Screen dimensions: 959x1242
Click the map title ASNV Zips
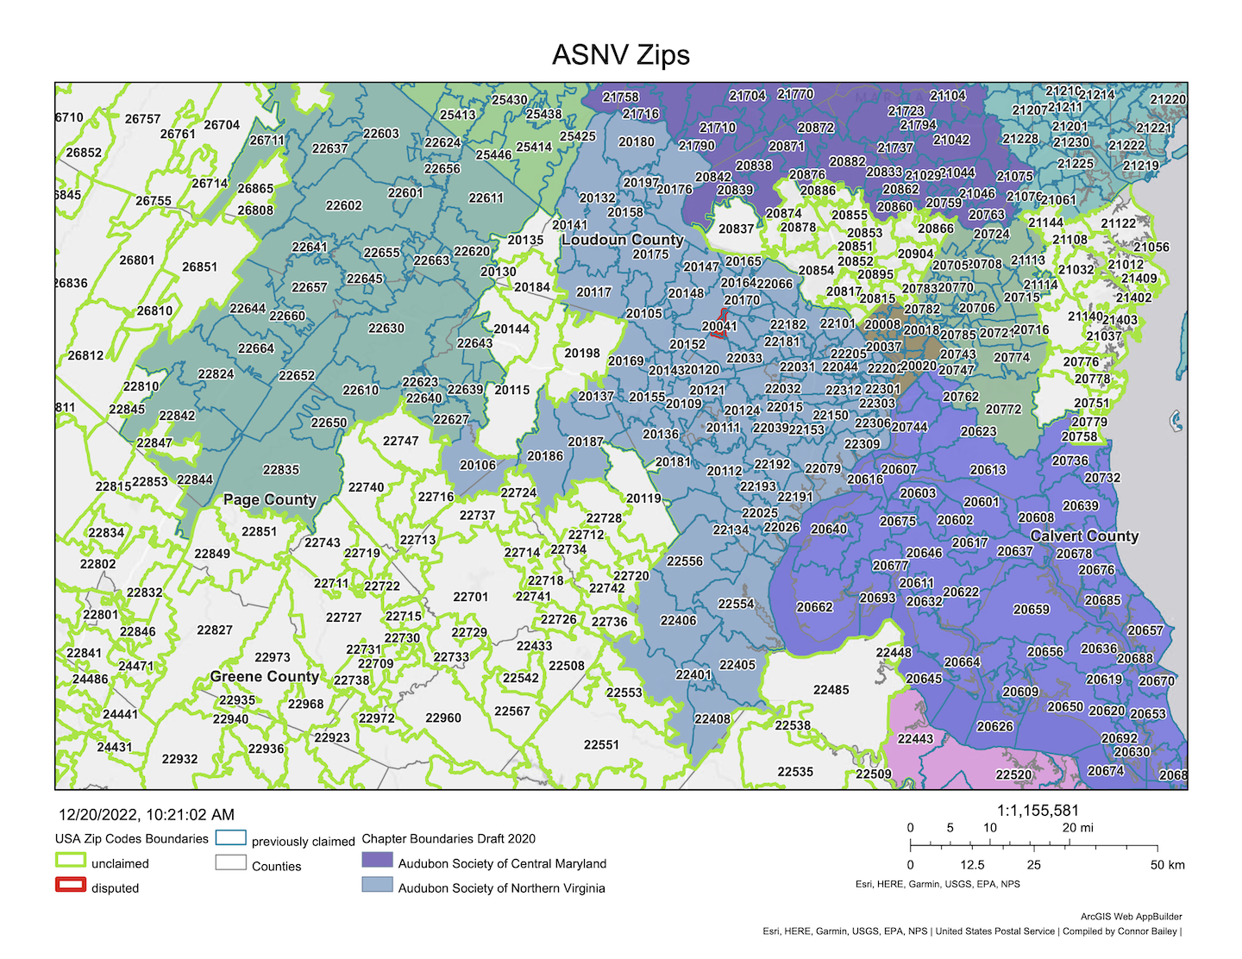(620, 55)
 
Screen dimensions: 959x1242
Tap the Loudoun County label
(622, 240)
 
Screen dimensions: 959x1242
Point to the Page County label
(270, 499)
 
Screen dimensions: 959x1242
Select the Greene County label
(264, 677)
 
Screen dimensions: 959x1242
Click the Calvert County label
(1084, 536)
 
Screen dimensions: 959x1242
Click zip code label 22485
(831, 690)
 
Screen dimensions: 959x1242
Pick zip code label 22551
(601, 745)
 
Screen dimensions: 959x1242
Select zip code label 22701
(470, 597)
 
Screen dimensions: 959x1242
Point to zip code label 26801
(137, 260)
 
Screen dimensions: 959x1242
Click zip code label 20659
(1031, 610)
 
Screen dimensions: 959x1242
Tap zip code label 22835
(280, 470)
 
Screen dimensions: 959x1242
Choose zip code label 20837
(736, 229)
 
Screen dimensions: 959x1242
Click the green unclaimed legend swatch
(71, 861)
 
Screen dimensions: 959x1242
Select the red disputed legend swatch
(71, 885)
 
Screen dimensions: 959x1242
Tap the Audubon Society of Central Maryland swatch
(377, 861)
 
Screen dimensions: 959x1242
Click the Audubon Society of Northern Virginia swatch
(377, 885)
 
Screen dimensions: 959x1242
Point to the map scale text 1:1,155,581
(1038, 811)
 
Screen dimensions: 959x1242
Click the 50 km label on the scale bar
(1167, 865)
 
